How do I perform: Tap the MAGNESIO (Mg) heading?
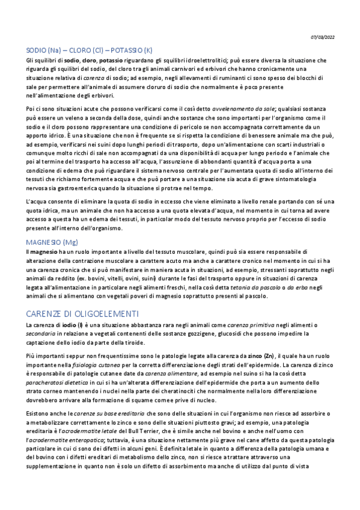pos(52,242)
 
